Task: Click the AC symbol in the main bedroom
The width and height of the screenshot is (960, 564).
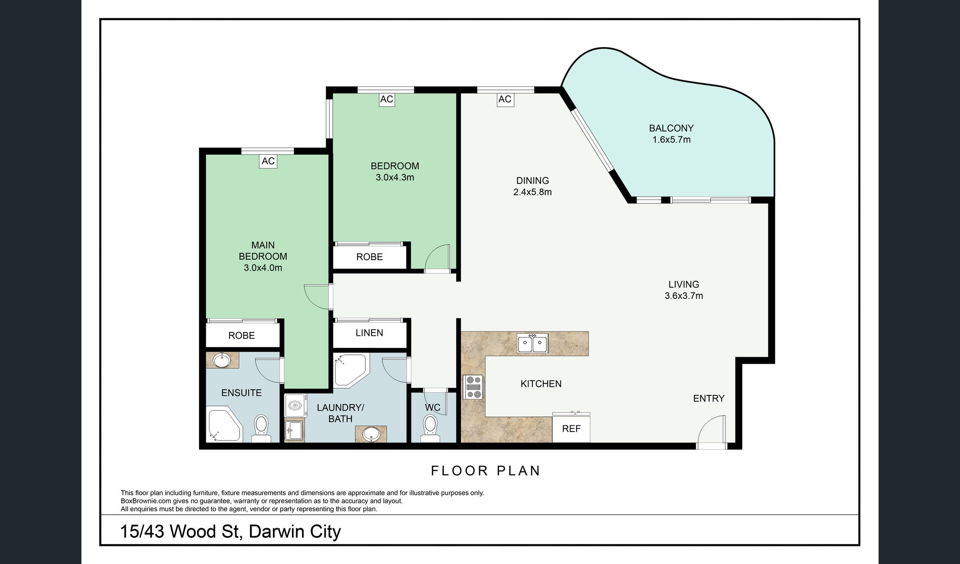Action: (268, 161)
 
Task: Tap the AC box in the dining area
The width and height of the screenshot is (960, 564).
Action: (505, 99)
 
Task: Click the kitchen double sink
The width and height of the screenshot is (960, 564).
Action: (533, 343)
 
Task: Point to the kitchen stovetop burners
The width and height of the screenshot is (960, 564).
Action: (473, 387)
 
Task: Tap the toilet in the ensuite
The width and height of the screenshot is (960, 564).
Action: (261, 427)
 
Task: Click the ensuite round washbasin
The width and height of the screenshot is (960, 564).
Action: (221, 361)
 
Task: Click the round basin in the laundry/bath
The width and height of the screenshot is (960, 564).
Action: (371, 434)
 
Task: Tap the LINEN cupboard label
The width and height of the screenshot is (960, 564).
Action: (370, 332)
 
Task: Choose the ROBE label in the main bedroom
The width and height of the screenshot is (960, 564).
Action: (241, 335)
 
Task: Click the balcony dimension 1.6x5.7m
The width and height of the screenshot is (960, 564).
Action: (671, 140)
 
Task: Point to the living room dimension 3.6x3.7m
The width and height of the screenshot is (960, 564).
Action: (684, 296)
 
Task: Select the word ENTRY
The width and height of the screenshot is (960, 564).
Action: (709, 398)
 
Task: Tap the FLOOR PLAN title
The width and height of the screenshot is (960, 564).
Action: (486, 471)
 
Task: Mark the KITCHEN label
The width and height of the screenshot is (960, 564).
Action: (541, 383)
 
